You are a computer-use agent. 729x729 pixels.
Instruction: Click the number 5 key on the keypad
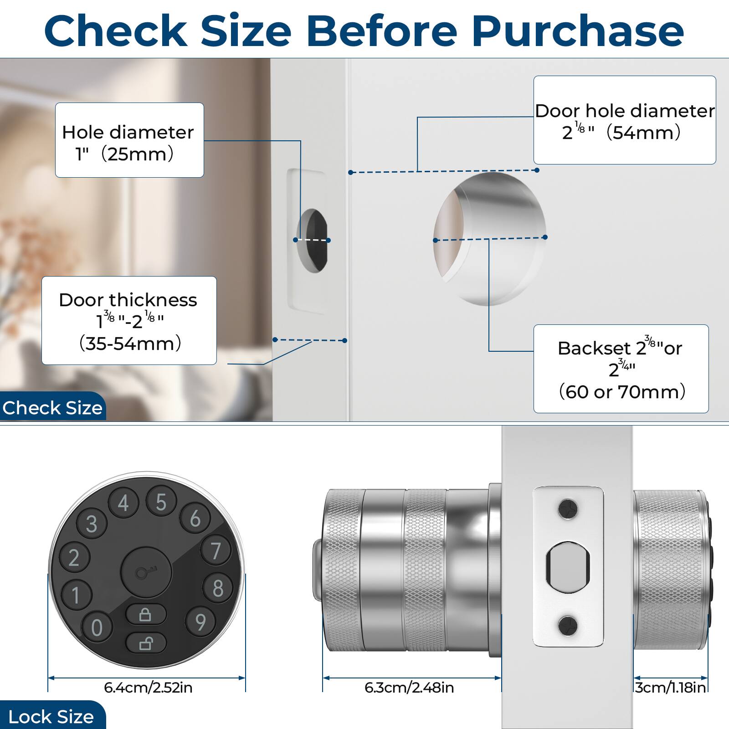161,502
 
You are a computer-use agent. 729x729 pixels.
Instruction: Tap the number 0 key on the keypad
97,627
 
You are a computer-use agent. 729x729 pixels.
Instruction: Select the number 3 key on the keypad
92,524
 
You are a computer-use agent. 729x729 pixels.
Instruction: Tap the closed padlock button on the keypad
145,615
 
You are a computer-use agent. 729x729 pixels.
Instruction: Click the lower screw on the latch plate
568,626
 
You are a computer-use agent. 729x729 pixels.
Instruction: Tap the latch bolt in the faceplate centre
568,567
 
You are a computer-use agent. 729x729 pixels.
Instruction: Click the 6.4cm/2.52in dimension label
148,687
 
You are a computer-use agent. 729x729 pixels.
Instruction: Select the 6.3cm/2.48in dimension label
409,687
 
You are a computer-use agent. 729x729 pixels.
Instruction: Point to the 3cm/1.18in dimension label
671,687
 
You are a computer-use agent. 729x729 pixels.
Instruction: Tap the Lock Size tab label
51,717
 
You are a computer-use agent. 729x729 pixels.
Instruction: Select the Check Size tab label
52,408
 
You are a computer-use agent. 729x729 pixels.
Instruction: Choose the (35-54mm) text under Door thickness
130,343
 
